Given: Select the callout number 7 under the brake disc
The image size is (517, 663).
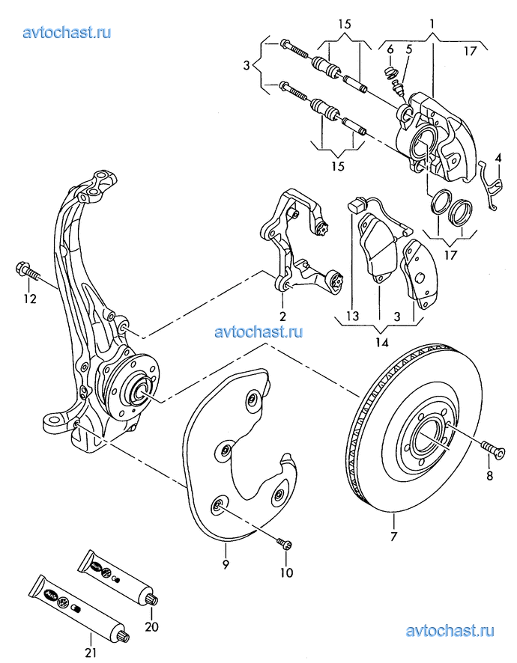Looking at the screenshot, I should (393, 537).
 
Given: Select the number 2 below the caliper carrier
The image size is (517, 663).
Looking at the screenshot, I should (282, 316).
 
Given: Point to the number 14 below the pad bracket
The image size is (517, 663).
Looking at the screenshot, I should (381, 343).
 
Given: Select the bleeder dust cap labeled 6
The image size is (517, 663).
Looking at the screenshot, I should (389, 72).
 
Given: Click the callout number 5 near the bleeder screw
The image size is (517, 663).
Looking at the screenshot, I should (408, 49).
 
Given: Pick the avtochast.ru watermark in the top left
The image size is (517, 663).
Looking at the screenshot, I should (67, 31).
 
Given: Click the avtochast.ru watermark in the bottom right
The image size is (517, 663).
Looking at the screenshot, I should (450, 632).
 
